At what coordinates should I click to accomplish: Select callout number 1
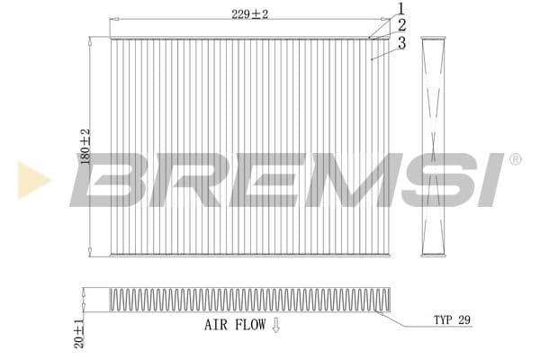(x=400, y=8)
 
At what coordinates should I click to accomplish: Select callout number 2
(x=400, y=24)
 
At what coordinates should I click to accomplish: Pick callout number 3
(x=400, y=42)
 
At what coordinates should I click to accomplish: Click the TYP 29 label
(x=452, y=320)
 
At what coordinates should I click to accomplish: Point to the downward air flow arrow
(x=276, y=326)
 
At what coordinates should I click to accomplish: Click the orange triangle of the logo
(x=32, y=180)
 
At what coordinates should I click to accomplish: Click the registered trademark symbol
(x=515, y=159)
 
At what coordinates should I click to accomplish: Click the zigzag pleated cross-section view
(x=243, y=300)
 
